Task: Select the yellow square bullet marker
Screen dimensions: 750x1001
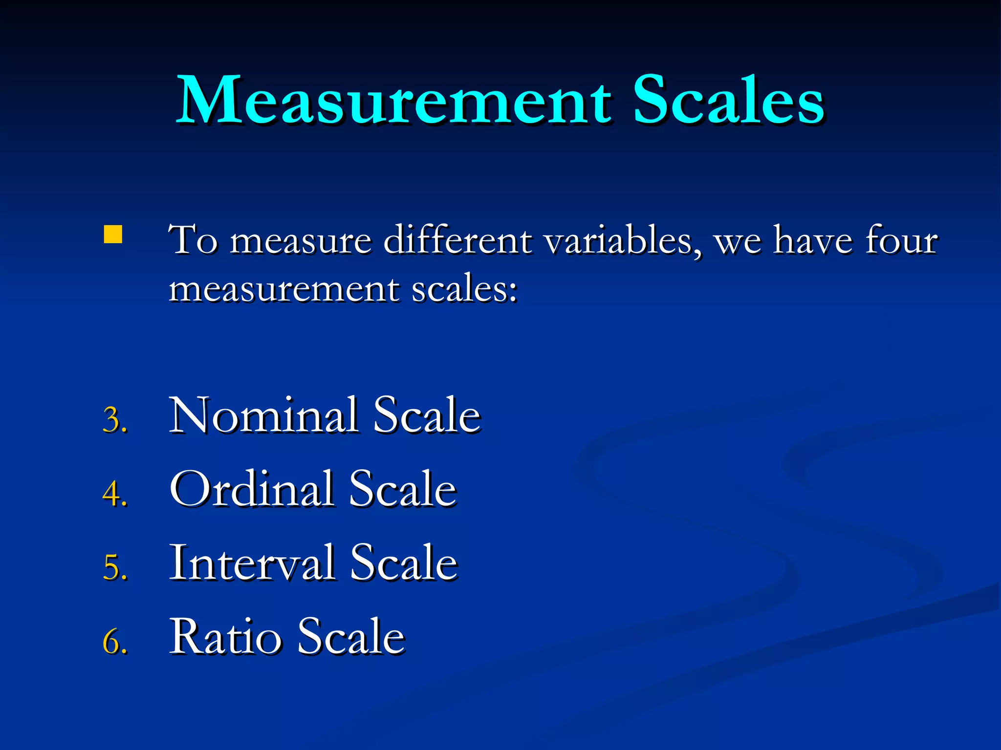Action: (x=113, y=234)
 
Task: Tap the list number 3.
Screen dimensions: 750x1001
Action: (x=115, y=419)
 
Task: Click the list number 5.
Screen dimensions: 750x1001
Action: (x=115, y=567)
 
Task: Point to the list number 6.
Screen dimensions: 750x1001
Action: (x=115, y=641)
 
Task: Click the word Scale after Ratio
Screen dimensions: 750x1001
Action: (x=351, y=637)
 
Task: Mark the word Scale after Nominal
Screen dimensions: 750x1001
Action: (x=427, y=416)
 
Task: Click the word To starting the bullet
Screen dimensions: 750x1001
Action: (x=193, y=240)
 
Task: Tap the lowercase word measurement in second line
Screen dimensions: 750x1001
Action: (x=283, y=289)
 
